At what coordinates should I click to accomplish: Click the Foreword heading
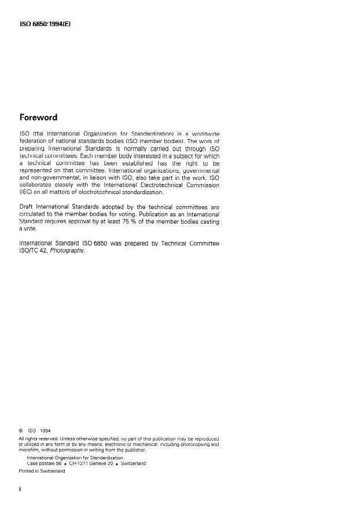[x=38, y=118]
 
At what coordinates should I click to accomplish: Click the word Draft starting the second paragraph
[x=27, y=207]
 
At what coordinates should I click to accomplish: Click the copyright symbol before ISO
[x=21, y=430]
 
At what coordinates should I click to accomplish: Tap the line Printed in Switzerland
[x=42, y=471]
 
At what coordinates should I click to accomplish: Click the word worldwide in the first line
[x=203, y=134]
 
